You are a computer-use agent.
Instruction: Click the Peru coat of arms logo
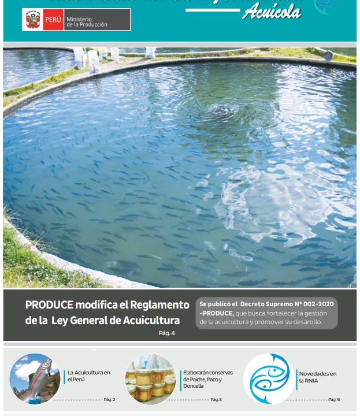click(x=31, y=20)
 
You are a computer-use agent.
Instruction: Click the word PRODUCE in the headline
click(x=49, y=305)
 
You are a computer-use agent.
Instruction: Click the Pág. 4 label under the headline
click(x=166, y=333)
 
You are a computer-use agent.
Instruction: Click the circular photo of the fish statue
click(x=35, y=378)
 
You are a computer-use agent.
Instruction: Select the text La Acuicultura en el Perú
click(x=88, y=376)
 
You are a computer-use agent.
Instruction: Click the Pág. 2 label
click(x=109, y=400)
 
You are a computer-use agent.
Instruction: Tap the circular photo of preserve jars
click(x=150, y=378)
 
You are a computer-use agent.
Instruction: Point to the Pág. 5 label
click(x=216, y=400)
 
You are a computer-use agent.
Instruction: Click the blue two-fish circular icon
click(x=268, y=378)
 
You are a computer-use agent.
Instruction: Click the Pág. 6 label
click(x=333, y=400)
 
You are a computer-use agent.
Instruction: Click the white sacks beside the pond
click(x=92, y=58)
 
